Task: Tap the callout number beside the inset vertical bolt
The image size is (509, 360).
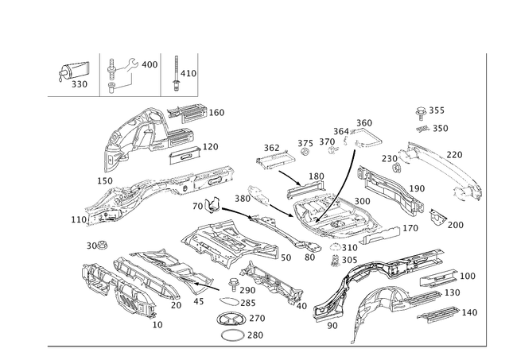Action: pyautogui.click(x=189, y=74)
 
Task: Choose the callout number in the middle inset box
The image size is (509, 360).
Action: pyautogui.click(x=150, y=62)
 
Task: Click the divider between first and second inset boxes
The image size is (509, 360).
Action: pyautogui.click(x=99, y=75)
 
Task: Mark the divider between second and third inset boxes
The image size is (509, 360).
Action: pyautogui.click(x=162, y=75)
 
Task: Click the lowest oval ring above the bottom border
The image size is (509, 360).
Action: pyautogui.click(x=233, y=335)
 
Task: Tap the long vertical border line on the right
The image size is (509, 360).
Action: pyautogui.click(x=485, y=199)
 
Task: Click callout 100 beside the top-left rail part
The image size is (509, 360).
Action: pyautogui.click(x=216, y=114)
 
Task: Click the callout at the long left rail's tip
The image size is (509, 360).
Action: pyautogui.click(x=76, y=216)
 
